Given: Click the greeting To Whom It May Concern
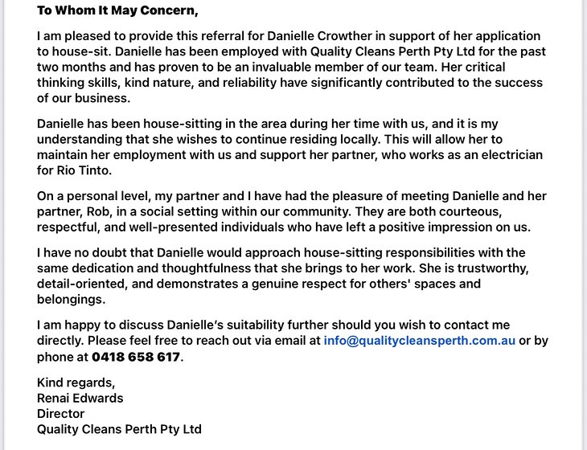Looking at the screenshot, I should [x=117, y=11].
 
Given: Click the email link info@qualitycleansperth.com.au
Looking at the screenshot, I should [x=419, y=340].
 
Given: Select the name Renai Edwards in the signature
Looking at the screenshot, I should [x=80, y=398].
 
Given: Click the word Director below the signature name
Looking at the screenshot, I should [x=60, y=413].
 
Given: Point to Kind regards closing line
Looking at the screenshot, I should [x=76, y=382].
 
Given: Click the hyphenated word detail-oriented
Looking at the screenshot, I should [x=84, y=284].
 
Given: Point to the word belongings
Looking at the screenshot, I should [x=71, y=299].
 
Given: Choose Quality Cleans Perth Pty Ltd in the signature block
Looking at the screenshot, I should [x=119, y=428].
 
